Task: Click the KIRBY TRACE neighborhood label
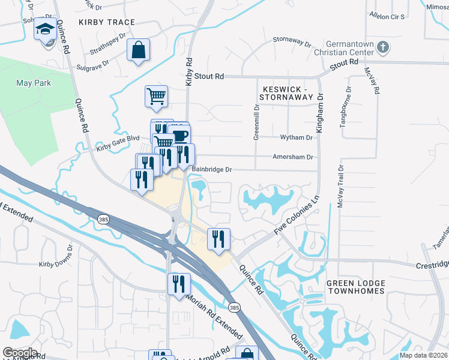point(103,22)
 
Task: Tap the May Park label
point(34,83)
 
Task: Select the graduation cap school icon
point(44,29)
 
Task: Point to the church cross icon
point(382,46)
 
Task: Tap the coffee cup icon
point(178,135)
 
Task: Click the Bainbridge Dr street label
point(211,170)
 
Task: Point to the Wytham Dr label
point(297,137)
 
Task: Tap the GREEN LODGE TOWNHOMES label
point(355,287)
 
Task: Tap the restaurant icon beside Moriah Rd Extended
point(178,284)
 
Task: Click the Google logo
point(20,352)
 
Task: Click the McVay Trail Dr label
point(340,187)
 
